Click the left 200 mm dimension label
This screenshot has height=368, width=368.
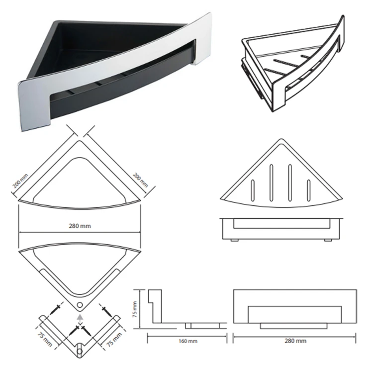(20, 181)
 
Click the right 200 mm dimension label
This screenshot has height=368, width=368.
(140, 180)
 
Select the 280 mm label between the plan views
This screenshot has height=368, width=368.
(80, 226)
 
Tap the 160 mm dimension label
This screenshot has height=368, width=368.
(188, 341)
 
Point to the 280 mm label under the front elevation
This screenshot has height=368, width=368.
(295, 341)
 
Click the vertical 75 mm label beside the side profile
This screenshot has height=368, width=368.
(135, 309)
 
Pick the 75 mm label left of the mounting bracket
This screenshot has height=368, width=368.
(45, 339)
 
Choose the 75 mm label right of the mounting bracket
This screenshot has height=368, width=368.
(114, 340)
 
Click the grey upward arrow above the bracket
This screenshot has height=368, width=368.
(80, 318)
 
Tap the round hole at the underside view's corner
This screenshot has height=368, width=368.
(80, 305)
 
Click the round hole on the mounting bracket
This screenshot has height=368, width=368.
(80, 351)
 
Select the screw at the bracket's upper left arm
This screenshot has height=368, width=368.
(57, 309)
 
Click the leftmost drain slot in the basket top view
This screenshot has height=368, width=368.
(253, 190)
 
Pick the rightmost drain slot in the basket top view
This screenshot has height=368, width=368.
(309, 190)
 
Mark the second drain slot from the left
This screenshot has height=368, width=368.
(272, 183)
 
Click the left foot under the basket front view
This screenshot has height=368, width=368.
(234, 240)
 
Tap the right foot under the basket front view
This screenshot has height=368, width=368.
(328, 240)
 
